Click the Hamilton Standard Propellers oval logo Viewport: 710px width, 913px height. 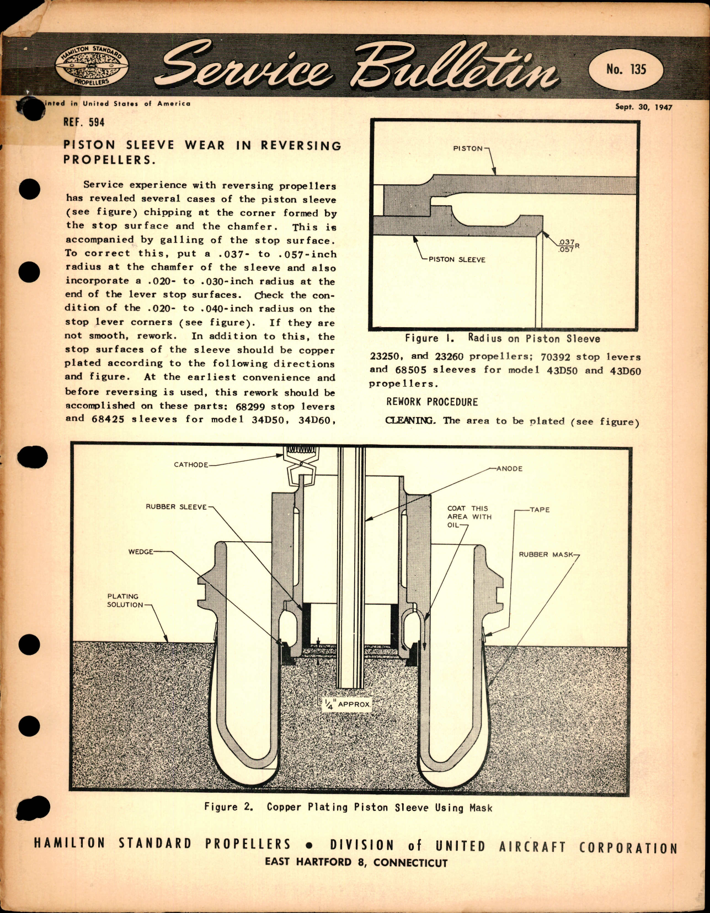pos(92,66)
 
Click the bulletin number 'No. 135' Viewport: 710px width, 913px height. pos(626,69)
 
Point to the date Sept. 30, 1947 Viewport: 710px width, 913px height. pos(643,107)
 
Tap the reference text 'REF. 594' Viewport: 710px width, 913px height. pos(84,122)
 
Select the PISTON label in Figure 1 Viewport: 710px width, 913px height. pos(468,148)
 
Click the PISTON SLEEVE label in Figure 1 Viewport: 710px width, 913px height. pos(457,259)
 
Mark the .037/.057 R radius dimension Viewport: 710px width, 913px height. pos(567,245)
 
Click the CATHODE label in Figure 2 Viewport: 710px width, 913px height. pos(191,464)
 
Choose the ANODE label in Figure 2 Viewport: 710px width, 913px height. pos(509,468)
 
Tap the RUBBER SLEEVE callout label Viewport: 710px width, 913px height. pos(176,506)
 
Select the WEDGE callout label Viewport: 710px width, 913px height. pos(141,552)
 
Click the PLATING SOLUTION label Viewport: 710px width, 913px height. pos(124,600)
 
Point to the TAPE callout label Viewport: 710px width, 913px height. pos(540,509)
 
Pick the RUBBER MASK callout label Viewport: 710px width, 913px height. pos(546,554)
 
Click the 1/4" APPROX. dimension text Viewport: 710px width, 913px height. pos(348,704)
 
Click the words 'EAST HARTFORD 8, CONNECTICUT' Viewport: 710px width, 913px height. pos(356,862)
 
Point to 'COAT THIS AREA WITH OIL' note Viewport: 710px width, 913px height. pos(468,516)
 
